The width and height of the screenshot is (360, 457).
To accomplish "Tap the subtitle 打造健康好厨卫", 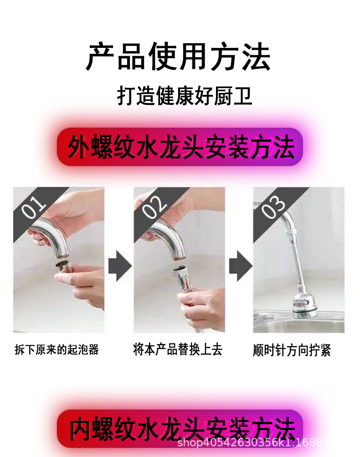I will [x=185, y=96].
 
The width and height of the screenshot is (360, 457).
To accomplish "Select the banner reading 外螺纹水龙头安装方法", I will [x=180, y=147].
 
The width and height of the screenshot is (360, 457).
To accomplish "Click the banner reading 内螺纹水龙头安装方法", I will [x=180, y=429].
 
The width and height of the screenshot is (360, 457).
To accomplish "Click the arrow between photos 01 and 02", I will [x=119, y=268].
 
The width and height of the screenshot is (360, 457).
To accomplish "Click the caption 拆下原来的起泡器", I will [x=57, y=350].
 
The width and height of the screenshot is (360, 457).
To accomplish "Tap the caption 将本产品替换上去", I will [x=178, y=350].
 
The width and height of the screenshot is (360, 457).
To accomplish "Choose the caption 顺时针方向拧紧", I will [x=292, y=351].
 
